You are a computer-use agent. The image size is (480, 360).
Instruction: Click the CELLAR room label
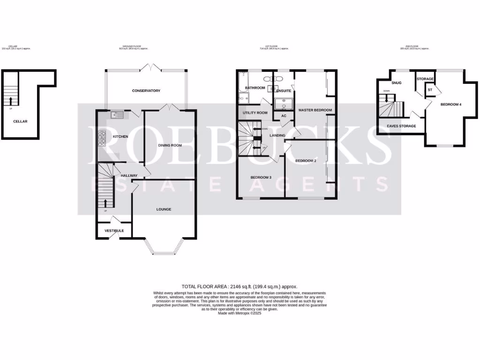tap(20, 121)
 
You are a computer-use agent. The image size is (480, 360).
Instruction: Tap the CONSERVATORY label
tap(146, 90)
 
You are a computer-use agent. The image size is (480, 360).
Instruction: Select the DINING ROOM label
tap(170, 145)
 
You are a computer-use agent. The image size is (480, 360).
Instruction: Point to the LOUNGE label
tap(164, 209)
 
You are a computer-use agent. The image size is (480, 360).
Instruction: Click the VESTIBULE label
tap(114, 231)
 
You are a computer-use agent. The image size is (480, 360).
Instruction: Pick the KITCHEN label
tap(120, 136)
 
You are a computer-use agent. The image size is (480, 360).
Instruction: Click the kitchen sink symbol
tap(116, 114)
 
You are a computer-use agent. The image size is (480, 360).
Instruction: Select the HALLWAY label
tap(129, 175)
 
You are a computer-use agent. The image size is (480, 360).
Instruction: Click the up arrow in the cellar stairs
tap(11, 100)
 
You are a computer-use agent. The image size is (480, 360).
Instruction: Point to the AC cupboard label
tap(284, 116)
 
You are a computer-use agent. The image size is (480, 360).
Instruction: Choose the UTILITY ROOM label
tap(255, 113)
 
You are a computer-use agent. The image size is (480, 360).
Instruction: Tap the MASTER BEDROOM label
tap(315, 110)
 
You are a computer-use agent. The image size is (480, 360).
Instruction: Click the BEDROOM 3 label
tap(261, 177)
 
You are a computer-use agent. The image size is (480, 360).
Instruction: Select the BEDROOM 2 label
tap(306, 161)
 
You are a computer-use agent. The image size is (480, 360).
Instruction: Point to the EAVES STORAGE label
tap(401, 126)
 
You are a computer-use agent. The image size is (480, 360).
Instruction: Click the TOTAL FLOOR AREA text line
tap(240, 286)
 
